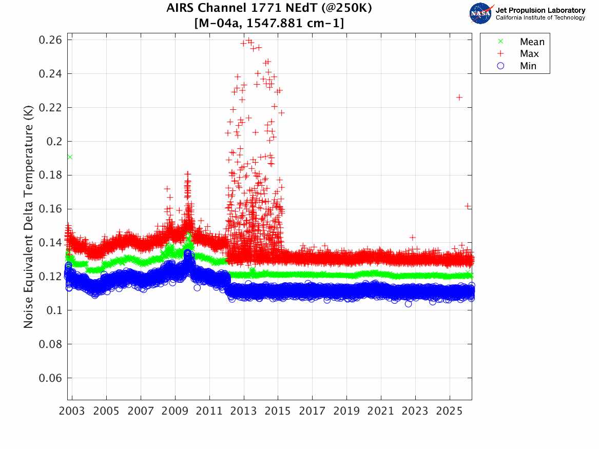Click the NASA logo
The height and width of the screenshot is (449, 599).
(481, 13)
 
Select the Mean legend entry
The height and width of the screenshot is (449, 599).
(532, 42)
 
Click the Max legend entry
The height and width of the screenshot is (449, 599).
(529, 54)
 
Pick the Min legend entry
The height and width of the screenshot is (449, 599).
(528, 66)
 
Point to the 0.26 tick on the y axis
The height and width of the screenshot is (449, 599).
(51, 40)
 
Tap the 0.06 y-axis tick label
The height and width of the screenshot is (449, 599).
(51, 378)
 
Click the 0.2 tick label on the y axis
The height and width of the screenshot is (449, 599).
(54, 141)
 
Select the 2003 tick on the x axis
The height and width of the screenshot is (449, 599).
(72, 412)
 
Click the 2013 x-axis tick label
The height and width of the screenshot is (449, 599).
(244, 412)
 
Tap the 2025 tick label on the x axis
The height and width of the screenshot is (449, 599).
(450, 412)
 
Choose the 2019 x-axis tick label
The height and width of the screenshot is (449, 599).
(346, 412)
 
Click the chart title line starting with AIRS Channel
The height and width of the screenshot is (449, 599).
(269, 9)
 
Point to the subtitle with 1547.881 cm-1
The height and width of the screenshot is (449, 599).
(269, 24)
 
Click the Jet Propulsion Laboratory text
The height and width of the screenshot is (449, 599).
(540, 10)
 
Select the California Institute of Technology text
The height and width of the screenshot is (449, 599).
(540, 18)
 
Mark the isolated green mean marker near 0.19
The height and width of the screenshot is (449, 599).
(70, 157)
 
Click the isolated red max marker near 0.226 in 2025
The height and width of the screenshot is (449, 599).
(459, 97)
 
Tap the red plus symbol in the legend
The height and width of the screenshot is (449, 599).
(500, 54)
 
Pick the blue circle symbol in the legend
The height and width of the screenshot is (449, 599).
(500, 66)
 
